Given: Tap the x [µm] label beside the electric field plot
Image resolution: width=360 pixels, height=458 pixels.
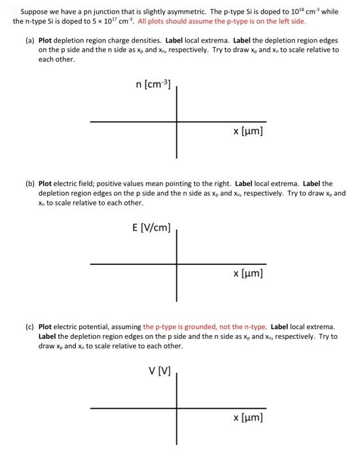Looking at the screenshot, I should [x=247, y=275].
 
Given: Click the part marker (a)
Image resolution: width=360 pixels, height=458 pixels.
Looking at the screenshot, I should [x=30, y=41].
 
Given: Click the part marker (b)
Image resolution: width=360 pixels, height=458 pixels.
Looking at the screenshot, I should [x=30, y=184].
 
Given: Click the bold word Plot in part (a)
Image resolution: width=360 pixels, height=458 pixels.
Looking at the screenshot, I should [x=47, y=41].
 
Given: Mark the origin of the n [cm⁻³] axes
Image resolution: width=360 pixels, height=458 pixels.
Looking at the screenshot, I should [x=176, y=121].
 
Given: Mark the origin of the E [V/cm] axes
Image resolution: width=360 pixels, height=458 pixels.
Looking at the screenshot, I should [x=176, y=264].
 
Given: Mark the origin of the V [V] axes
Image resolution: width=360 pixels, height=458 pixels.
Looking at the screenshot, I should [x=176, y=408].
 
